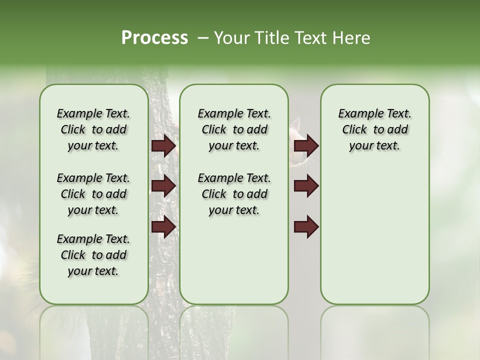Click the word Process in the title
(154, 37)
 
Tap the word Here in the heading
(352, 38)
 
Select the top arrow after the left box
(163, 146)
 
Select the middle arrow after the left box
(163, 186)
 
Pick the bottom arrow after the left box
(163, 227)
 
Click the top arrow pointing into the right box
(306, 146)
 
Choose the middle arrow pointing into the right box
(306, 186)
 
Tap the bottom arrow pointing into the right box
(306, 227)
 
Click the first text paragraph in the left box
(93, 129)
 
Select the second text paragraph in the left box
(93, 194)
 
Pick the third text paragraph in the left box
(93, 255)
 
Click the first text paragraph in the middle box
(234, 129)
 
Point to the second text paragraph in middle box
(234, 194)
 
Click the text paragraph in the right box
(374, 129)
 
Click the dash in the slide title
(203, 38)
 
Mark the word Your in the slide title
(231, 38)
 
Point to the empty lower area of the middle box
(234, 260)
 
